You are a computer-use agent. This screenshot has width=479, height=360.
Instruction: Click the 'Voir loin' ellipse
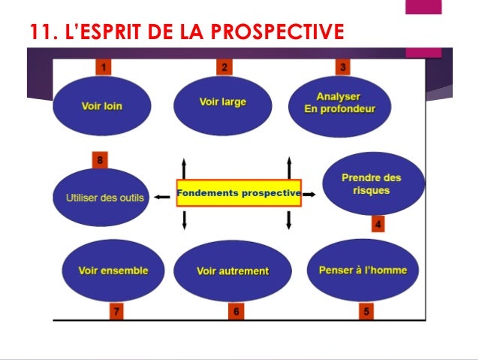click(x=101, y=106)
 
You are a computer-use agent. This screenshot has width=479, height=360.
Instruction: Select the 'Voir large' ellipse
click(x=222, y=103)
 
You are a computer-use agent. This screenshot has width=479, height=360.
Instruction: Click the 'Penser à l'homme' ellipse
click(x=363, y=271)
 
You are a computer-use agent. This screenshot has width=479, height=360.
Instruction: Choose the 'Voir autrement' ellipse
click(x=232, y=271)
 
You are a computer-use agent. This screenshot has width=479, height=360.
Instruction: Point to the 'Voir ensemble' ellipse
click(x=113, y=271)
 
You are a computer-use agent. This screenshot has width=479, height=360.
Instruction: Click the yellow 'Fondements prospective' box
click(x=239, y=193)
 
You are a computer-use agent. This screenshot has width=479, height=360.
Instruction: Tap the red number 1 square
click(x=104, y=68)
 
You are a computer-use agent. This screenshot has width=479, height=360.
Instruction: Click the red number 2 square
click(x=224, y=68)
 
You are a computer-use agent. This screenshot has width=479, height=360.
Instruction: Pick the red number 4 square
click(x=378, y=224)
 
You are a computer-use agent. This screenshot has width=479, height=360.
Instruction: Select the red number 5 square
click(x=367, y=310)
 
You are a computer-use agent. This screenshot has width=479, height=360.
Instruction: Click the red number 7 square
click(x=116, y=310)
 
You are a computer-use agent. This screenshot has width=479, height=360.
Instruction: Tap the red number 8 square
click(x=99, y=159)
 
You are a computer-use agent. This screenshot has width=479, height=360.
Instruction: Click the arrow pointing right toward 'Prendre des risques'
click(x=309, y=194)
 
